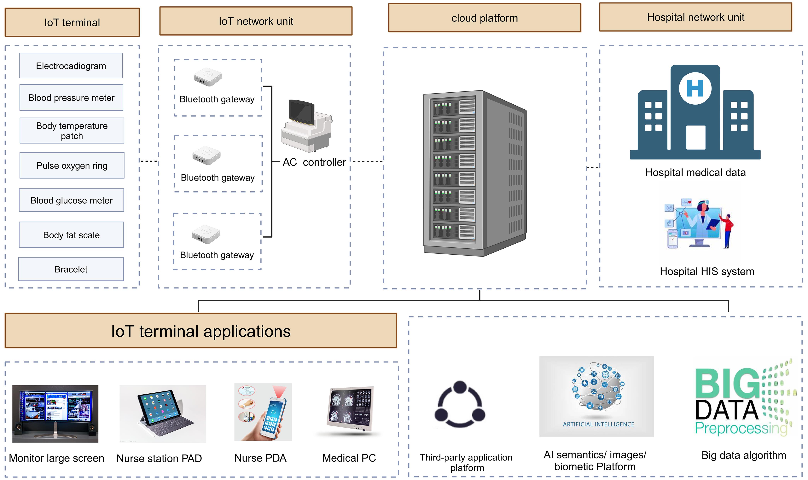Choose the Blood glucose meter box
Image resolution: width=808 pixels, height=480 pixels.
click(x=72, y=200)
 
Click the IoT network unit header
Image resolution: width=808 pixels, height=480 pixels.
click(x=256, y=21)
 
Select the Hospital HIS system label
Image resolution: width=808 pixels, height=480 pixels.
click(x=707, y=271)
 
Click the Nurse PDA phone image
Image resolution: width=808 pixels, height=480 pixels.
click(x=263, y=412)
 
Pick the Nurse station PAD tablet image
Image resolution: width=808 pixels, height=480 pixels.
click(x=162, y=413)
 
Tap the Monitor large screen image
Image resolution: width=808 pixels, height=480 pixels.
click(x=55, y=413)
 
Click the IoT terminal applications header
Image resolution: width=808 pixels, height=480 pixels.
click(x=201, y=331)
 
